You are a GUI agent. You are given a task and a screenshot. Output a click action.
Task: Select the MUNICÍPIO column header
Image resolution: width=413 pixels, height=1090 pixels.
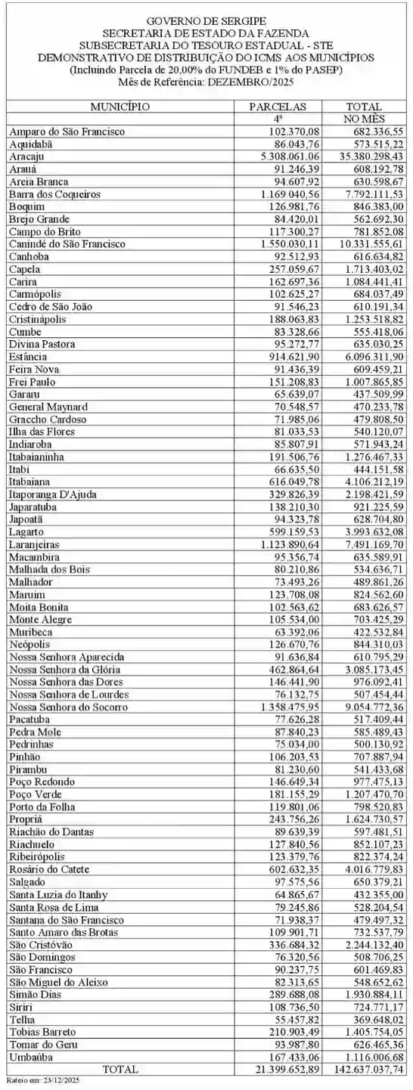pyautogui.click(x=120, y=107)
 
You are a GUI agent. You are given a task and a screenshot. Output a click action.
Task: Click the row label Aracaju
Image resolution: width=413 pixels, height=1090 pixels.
pyautogui.click(x=27, y=156)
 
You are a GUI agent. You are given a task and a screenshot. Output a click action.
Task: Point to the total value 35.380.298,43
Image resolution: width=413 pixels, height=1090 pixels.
pyautogui.click(x=364, y=156)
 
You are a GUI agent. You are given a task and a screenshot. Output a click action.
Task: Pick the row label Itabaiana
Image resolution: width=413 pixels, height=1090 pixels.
pyautogui.click(x=31, y=481)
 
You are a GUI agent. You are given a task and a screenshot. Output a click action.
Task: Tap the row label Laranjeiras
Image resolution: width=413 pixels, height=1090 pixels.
pyautogui.click(x=35, y=543)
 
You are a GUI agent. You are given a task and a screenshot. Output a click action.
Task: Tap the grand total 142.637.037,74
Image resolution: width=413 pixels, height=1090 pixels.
pyautogui.click(x=364, y=1069)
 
